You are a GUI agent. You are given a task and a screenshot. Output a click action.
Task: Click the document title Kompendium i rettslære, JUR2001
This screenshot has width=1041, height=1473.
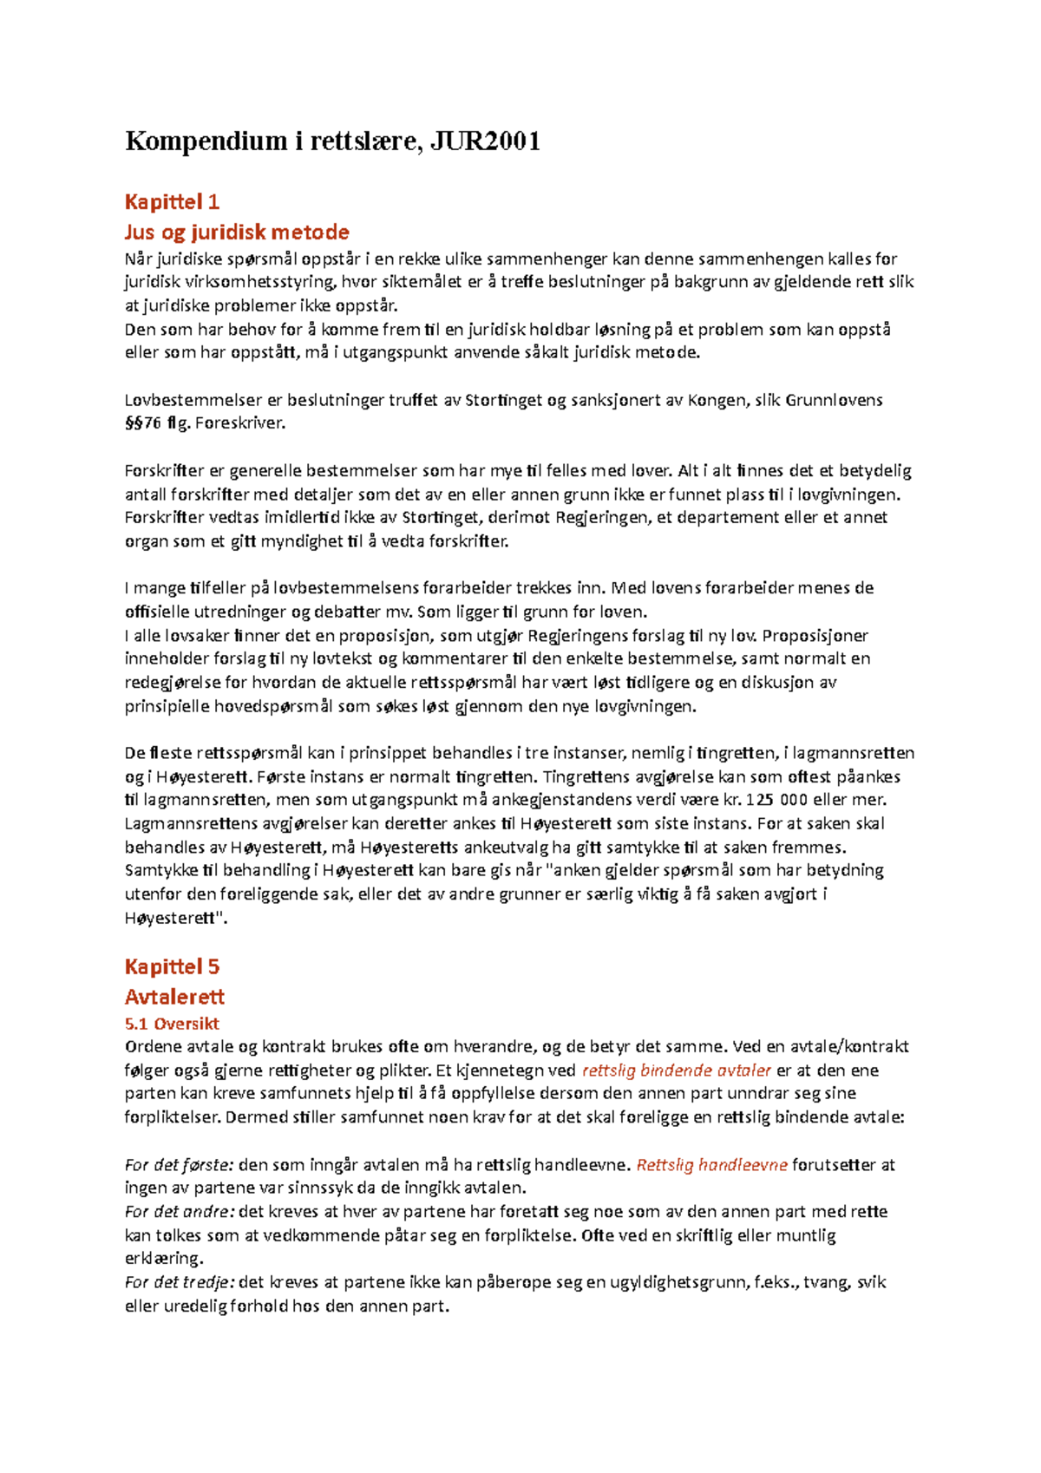(x=332, y=141)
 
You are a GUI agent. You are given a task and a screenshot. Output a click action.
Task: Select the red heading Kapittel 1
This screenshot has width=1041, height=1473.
(x=172, y=202)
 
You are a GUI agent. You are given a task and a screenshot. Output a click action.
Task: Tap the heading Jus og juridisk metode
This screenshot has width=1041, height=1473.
(x=237, y=232)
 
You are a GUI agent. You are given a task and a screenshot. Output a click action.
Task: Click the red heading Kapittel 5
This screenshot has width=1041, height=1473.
(x=172, y=966)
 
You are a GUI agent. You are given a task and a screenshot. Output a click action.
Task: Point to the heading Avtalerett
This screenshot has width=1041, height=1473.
(x=174, y=997)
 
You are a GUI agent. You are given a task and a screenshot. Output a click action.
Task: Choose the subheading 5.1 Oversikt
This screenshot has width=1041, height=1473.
(x=172, y=1024)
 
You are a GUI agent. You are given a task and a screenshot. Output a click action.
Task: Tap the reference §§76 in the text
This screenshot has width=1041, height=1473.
(x=143, y=423)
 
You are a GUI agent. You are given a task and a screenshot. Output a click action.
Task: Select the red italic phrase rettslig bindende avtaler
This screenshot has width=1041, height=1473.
(x=676, y=1070)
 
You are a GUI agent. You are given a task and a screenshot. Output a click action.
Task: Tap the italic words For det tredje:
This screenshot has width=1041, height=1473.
(x=180, y=1282)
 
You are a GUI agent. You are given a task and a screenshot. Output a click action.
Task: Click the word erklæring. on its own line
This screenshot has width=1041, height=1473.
(x=164, y=1259)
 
